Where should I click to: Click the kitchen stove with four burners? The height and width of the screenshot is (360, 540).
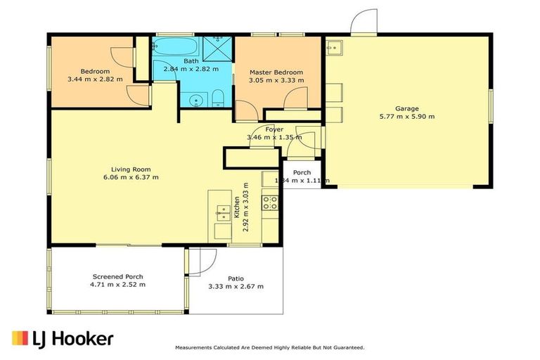(270, 203)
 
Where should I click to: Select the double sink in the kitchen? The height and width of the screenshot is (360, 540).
(222, 211)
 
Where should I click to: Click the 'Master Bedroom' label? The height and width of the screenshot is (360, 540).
(277, 72)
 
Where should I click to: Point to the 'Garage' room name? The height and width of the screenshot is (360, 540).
(406, 108)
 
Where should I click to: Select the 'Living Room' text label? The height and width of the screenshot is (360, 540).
(131, 169)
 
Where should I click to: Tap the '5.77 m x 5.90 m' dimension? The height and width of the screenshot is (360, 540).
(406, 117)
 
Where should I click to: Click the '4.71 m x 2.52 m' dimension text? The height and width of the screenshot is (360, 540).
(117, 285)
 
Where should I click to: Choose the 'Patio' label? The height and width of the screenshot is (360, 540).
(236, 278)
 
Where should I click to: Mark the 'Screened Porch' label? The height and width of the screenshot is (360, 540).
(117, 276)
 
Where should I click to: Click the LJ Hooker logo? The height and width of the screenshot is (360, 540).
(63, 338)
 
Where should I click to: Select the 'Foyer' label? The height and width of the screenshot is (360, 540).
(274, 129)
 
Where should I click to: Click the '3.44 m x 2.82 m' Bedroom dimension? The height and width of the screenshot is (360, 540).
(95, 79)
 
